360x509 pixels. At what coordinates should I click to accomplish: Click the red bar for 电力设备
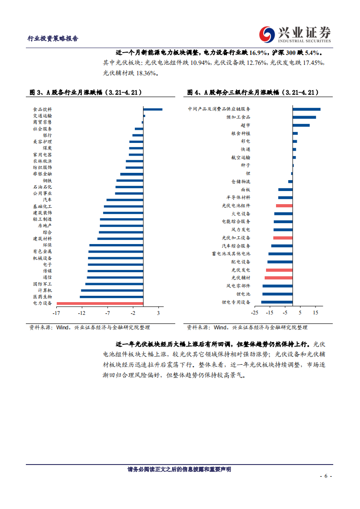100,303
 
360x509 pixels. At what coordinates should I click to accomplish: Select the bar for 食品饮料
153,109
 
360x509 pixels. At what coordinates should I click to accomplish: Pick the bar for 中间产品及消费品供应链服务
306,109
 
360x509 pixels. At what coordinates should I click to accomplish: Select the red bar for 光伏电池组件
284,206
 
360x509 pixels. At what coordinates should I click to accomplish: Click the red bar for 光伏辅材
279,278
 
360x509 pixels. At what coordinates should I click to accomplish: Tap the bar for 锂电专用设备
277,302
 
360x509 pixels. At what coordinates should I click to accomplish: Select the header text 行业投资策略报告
53,39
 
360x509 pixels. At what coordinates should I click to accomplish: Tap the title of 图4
253,93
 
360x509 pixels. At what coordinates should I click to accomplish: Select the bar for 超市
301,125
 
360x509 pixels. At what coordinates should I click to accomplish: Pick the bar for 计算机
112,290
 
